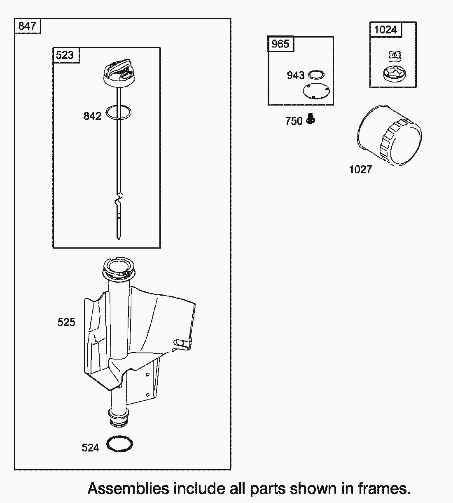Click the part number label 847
(x=27, y=26)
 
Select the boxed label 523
(x=65, y=55)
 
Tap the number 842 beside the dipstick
(x=92, y=116)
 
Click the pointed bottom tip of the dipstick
(x=118, y=237)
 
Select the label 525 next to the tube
(x=66, y=322)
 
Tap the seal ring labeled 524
(x=120, y=444)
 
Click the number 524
(x=90, y=447)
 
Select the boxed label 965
(x=280, y=44)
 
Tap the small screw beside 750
(x=311, y=120)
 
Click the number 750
(x=294, y=121)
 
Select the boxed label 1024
(x=385, y=30)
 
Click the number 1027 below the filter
(x=360, y=169)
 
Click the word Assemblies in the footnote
(x=128, y=489)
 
